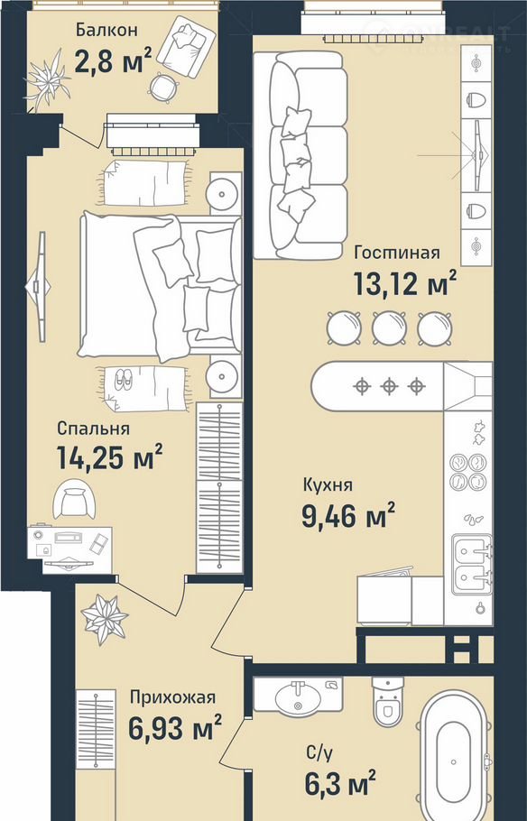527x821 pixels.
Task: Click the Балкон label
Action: click(106, 29)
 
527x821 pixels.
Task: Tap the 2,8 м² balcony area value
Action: click(114, 60)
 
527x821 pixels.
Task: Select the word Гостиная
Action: click(397, 253)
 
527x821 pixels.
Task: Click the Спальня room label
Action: click(93, 429)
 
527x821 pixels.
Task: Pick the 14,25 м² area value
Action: click(109, 457)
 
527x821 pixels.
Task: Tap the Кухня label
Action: click(328, 485)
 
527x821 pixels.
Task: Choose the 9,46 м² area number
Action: click(347, 516)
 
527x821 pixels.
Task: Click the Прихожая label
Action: click(173, 698)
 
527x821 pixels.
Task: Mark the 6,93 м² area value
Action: click(175, 729)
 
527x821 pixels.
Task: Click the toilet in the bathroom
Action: click(388, 702)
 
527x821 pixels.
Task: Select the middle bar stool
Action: click(389, 328)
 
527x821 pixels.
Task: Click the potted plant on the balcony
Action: click(48, 80)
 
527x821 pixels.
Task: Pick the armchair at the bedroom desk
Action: click(74, 499)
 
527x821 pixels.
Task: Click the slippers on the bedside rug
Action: click(124, 380)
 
